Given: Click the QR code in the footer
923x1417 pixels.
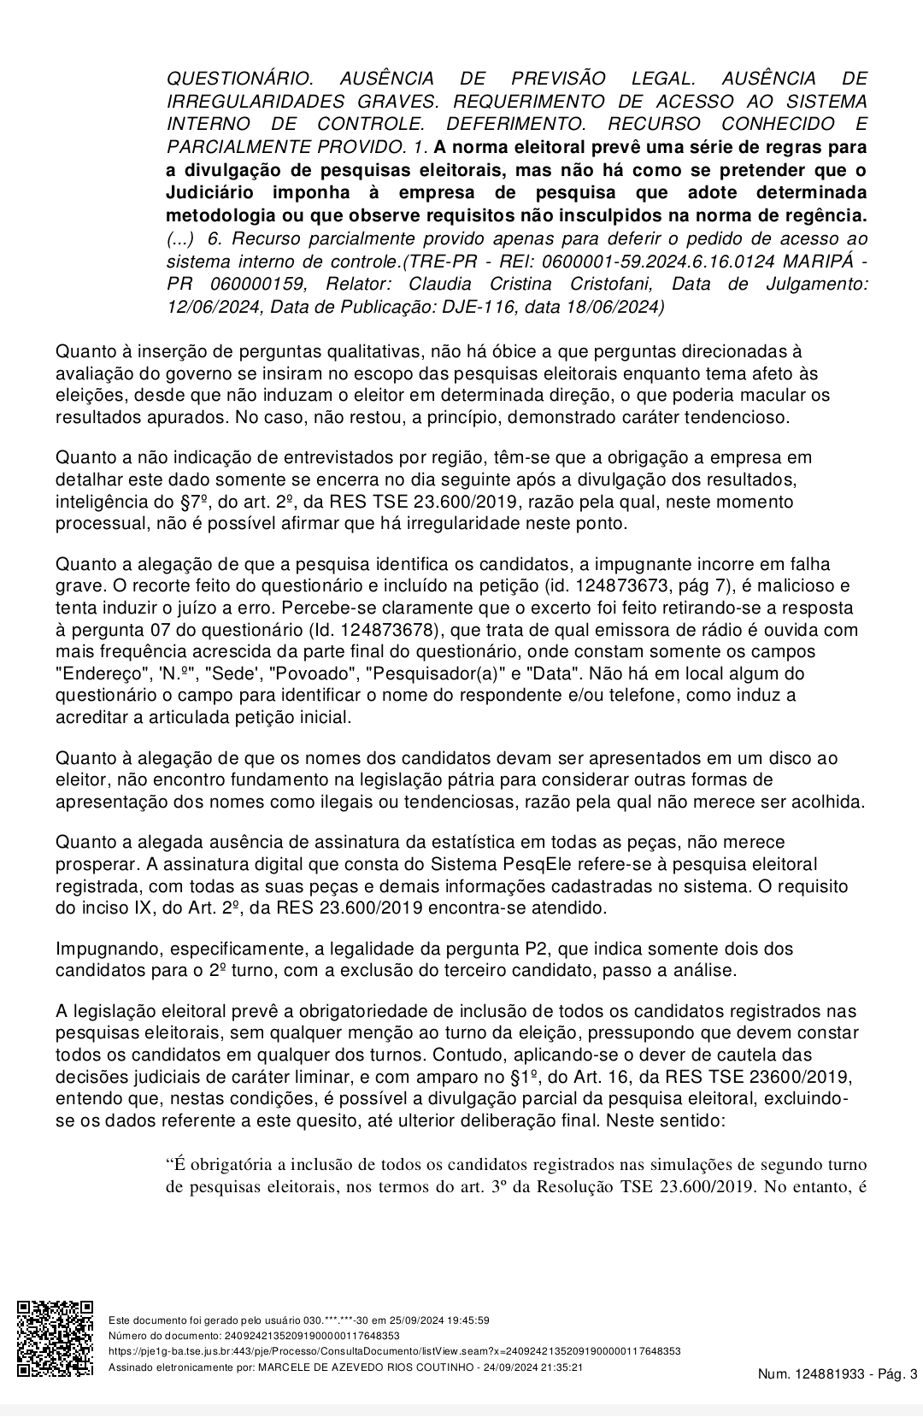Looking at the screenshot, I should [x=56, y=1338].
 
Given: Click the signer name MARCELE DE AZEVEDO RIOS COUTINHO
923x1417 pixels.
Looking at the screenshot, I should [x=365, y=1367].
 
